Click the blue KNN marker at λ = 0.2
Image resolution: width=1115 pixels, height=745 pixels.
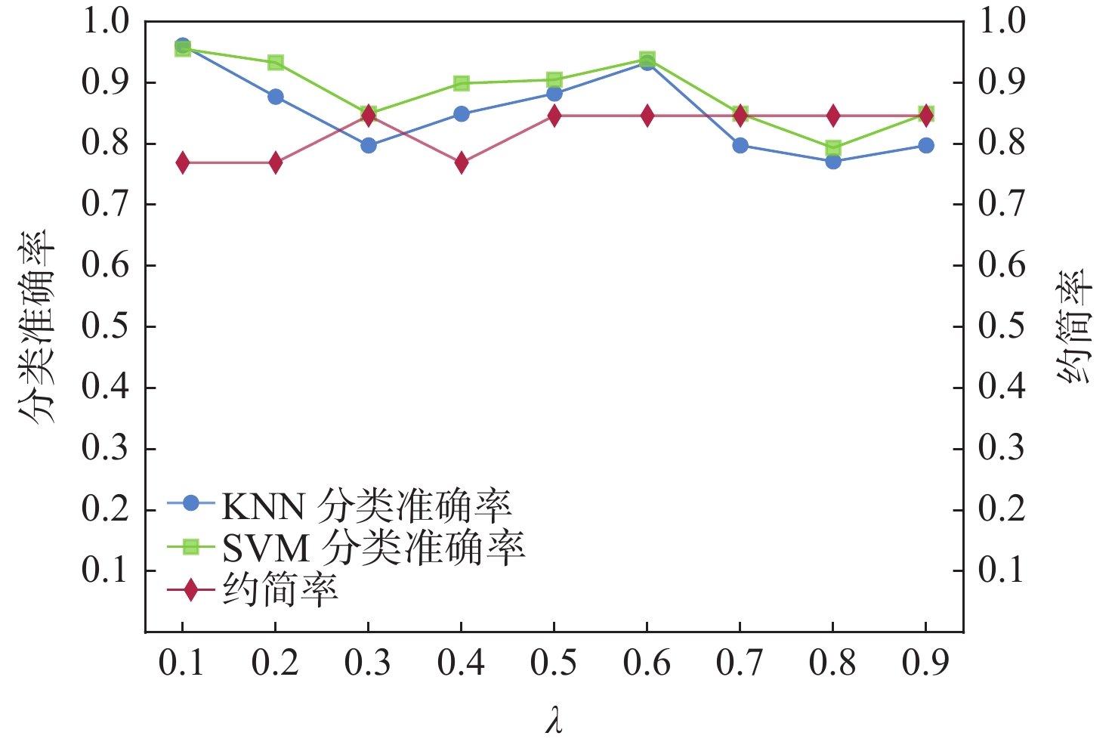point(276,97)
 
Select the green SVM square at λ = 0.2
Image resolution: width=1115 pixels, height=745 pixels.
point(276,63)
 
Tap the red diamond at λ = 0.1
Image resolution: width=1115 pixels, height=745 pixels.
point(183,163)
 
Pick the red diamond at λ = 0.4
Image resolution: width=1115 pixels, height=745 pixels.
point(462,163)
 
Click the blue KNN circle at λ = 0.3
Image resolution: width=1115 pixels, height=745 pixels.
point(369,145)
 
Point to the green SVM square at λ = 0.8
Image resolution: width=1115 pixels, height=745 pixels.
point(833,147)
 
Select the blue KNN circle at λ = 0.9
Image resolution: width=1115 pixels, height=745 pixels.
point(926,145)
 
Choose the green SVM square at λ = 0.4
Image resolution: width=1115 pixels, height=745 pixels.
point(462,83)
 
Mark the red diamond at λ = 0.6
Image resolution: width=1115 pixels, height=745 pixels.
point(647,116)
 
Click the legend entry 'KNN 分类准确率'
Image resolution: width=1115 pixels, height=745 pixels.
point(366,505)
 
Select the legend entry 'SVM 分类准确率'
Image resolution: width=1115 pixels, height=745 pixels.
point(373,547)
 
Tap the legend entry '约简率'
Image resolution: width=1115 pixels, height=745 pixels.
point(280,589)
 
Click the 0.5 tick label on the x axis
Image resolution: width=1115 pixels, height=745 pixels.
point(554,663)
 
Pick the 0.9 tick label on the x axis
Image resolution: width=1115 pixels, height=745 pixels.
point(925,663)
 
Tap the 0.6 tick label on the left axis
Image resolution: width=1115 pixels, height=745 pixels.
point(105,266)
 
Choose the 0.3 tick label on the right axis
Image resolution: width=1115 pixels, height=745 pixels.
point(1002,449)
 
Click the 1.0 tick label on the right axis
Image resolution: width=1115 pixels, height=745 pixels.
point(1002,21)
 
